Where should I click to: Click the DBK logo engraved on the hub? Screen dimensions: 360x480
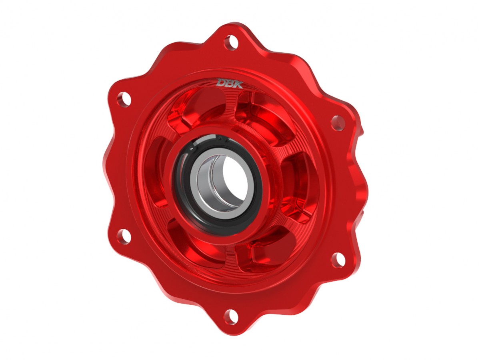click(x=230, y=83)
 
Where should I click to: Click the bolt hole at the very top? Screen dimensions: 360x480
click(x=231, y=42)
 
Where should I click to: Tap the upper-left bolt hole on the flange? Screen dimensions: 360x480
click(x=124, y=99)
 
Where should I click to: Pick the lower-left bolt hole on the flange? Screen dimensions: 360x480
click(x=124, y=236)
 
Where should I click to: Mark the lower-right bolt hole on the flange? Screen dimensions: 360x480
click(x=338, y=260)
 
